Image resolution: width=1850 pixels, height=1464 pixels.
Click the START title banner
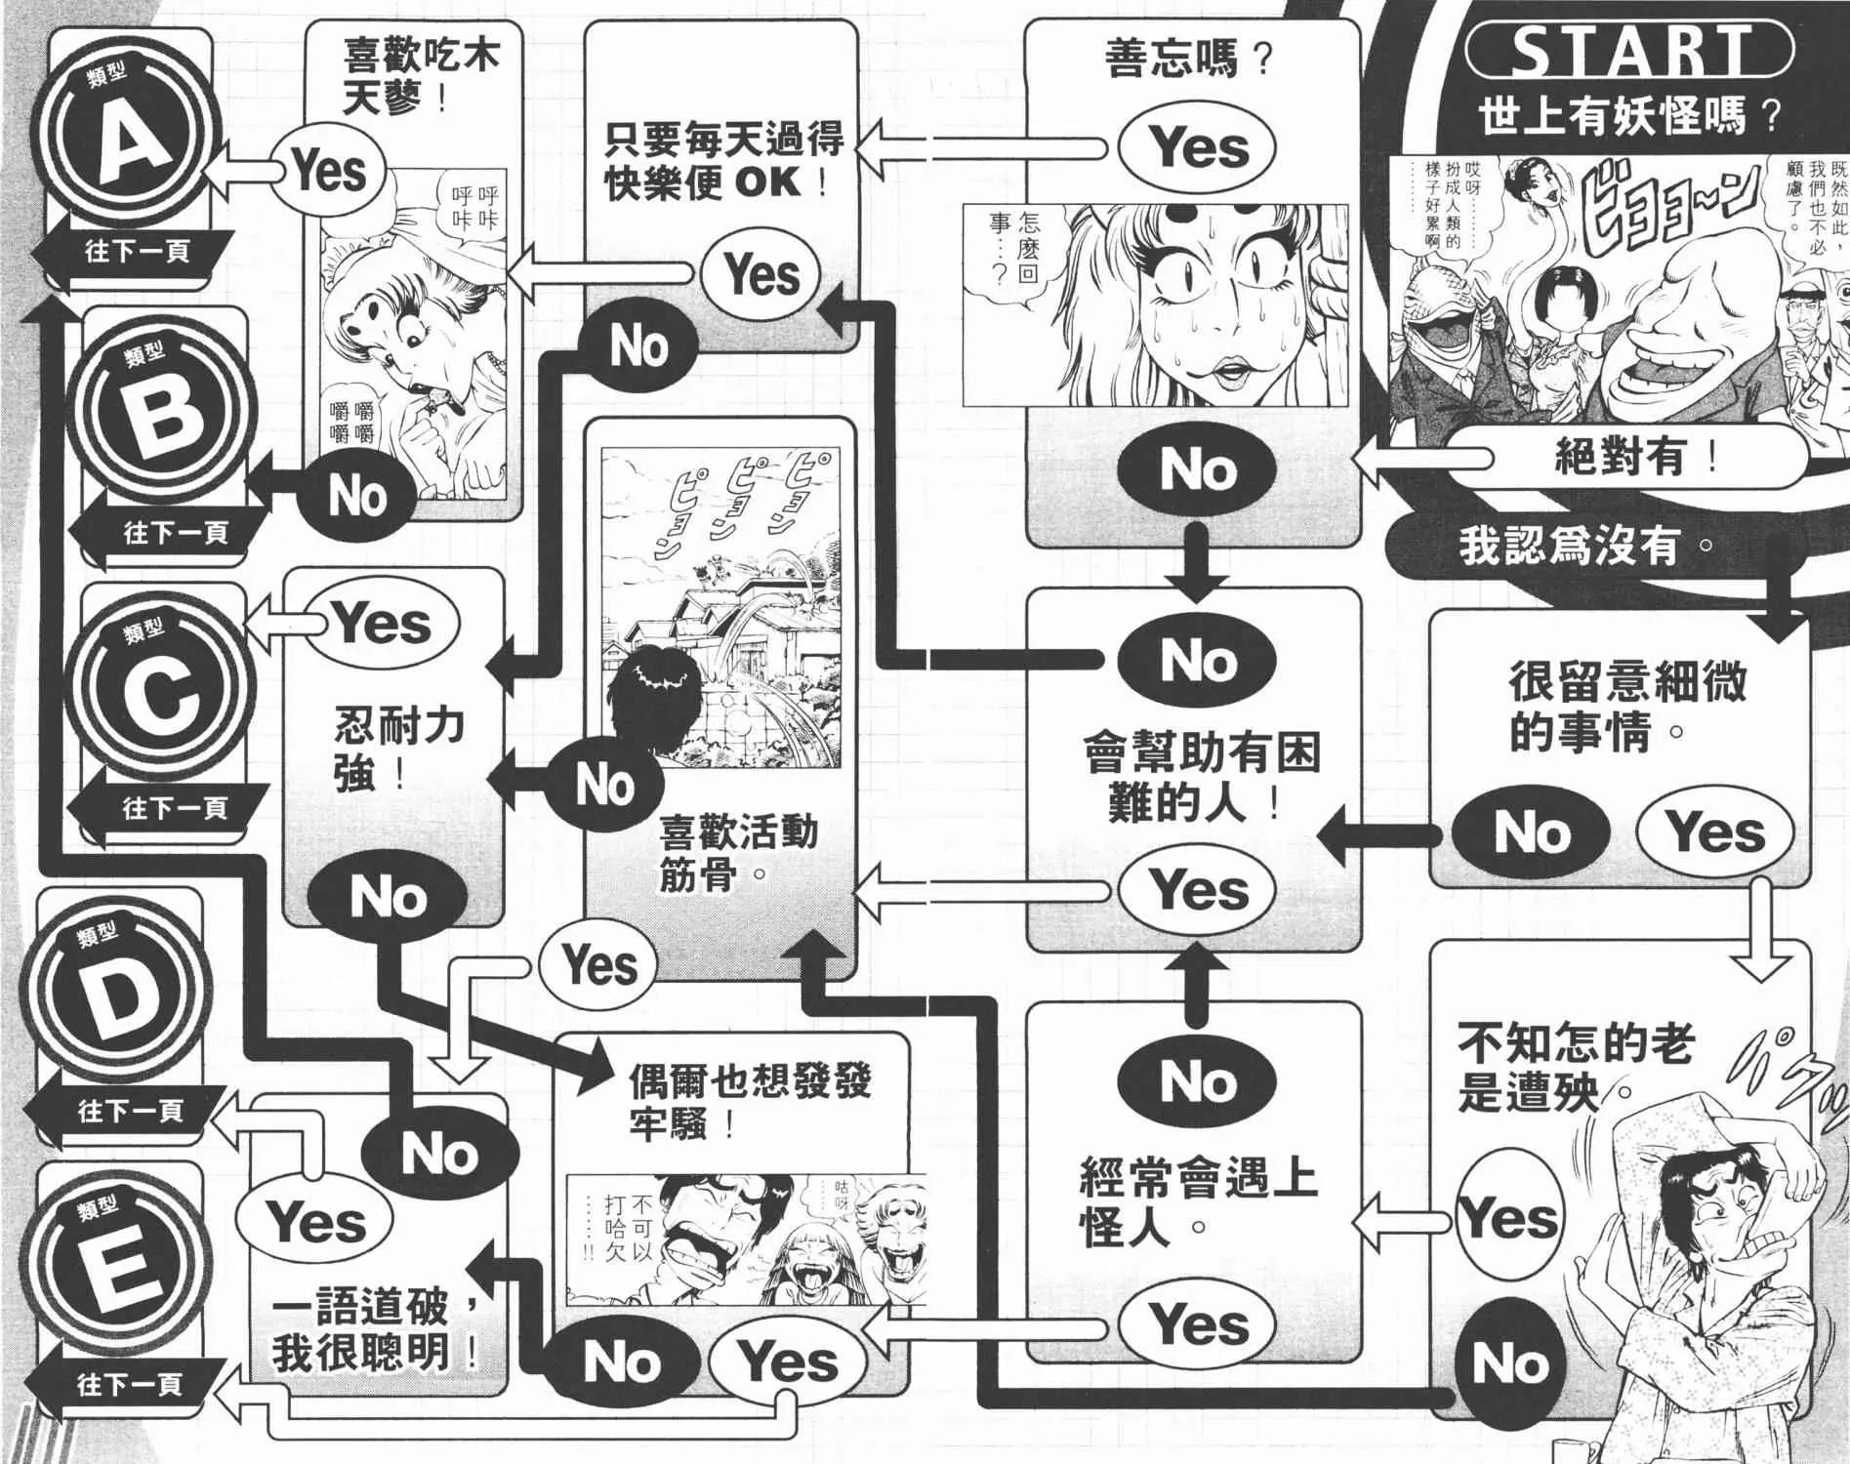click(1629, 50)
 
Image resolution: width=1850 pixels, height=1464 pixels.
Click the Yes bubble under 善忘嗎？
click(1196, 148)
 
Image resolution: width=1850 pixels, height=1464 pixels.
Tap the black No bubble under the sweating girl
click(1196, 471)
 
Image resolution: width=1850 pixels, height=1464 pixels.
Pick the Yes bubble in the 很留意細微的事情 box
click(1715, 833)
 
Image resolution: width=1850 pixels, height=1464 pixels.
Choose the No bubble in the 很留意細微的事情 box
click(1530, 833)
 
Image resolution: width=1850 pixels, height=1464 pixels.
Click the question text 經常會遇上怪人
click(1198, 1200)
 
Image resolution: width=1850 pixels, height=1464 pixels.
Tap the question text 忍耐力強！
click(397, 751)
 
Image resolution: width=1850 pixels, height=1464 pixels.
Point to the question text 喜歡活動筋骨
click(737, 853)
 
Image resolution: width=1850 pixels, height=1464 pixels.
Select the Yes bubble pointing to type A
click(328, 172)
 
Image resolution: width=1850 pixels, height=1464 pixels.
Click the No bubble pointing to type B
click(357, 496)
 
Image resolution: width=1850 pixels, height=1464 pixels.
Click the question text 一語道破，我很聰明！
click(376, 1329)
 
